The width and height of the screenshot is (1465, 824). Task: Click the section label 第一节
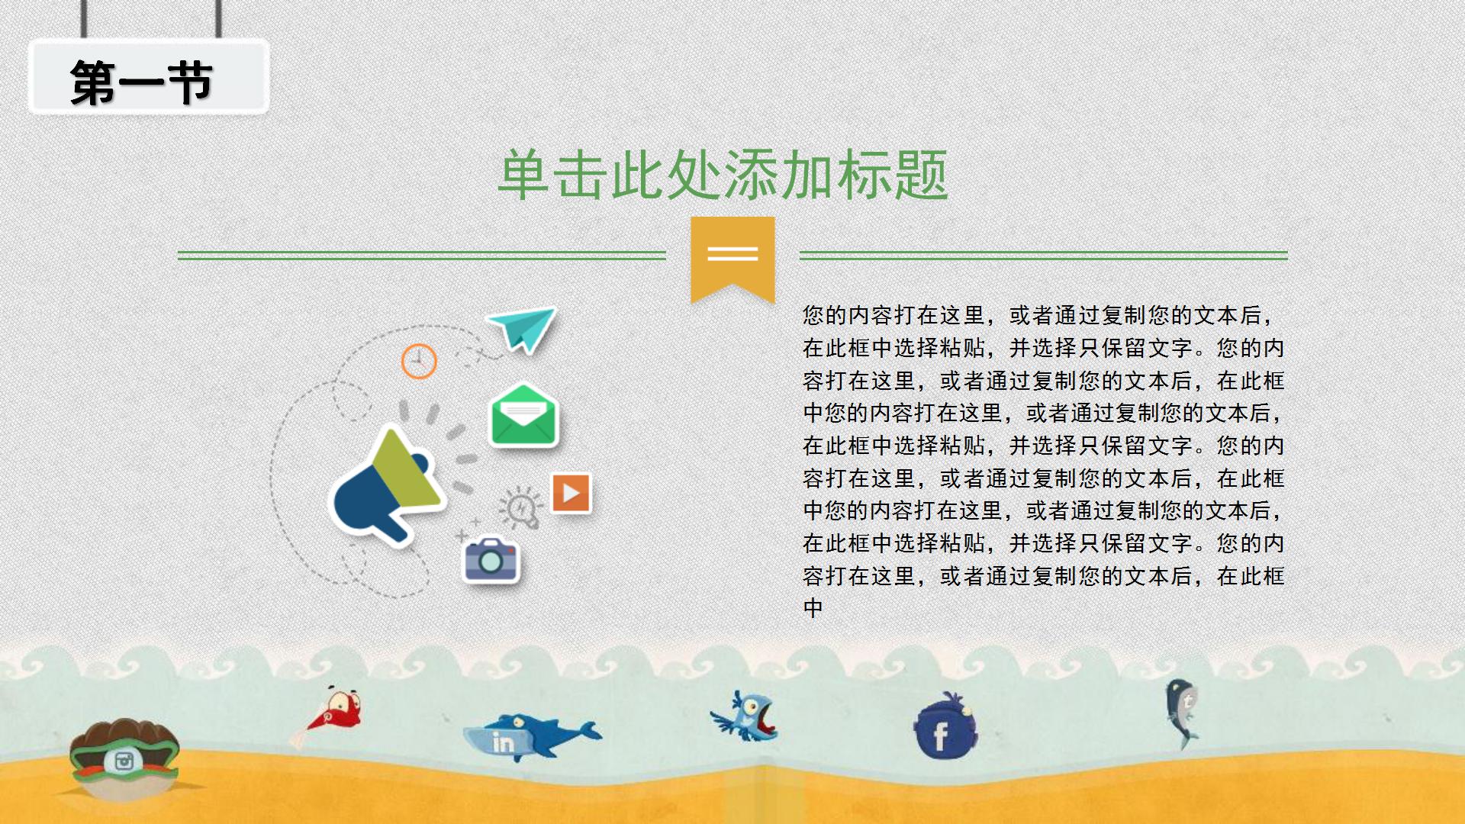click(x=141, y=82)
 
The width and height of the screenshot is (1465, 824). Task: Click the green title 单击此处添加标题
click(x=723, y=175)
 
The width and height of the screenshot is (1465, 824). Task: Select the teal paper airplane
click(x=523, y=329)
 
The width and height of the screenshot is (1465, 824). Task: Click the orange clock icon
click(x=419, y=361)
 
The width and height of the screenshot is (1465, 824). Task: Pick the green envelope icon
click(x=523, y=415)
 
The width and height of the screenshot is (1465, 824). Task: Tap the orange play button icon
click(x=571, y=493)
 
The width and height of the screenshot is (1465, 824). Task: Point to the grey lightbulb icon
click(x=520, y=507)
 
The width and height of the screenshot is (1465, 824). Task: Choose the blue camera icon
click(x=491, y=561)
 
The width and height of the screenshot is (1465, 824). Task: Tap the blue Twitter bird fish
click(x=745, y=716)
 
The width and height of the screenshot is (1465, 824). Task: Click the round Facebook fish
click(x=945, y=727)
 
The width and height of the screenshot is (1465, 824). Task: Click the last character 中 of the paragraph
click(x=813, y=608)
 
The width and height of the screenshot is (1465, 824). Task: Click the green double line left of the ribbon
click(x=422, y=255)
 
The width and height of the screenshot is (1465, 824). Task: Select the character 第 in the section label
click(x=93, y=82)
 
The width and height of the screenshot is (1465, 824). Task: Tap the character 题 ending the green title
click(x=921, y=175)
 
